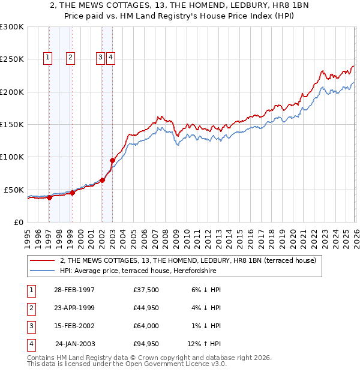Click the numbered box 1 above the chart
click(x=48, y=58)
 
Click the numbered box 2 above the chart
click(x=70, y=58)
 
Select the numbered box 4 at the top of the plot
click(x=112, y=58)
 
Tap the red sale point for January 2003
click(x=112, y=160)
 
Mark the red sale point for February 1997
click(x=50, y=197)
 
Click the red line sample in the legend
click(x=43, y=260)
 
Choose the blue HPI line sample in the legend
click(x=43, y=271)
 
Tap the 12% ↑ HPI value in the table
click(x=204, y=344)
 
